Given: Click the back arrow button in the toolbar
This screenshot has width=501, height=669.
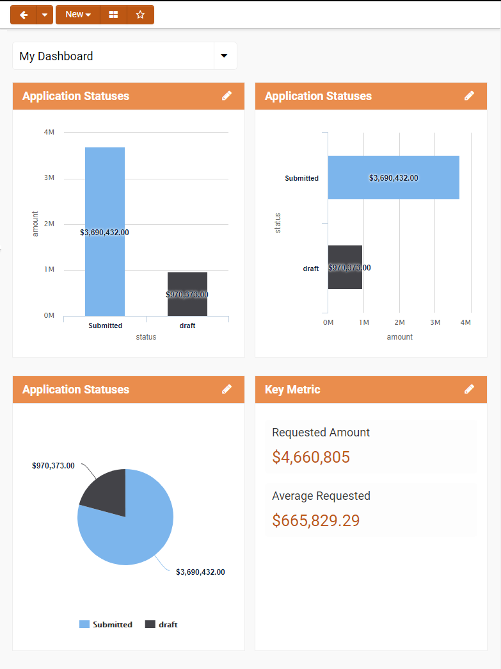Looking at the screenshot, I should coord(24,15).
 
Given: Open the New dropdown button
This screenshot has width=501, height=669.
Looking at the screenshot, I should coord(78,15).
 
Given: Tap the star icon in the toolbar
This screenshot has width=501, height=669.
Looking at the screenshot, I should coord(141,15).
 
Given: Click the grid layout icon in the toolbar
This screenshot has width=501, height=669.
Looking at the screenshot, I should coord(113,15).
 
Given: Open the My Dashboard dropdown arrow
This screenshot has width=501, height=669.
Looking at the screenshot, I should coord(224,56).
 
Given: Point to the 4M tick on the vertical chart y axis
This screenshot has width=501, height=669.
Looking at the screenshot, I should coord(49,132).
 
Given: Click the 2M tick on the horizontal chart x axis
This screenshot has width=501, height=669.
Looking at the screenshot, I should coord(399,322).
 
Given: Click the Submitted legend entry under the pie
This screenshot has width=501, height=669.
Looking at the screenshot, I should coord(106,624).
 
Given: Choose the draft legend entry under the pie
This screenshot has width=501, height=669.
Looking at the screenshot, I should coord(161,624).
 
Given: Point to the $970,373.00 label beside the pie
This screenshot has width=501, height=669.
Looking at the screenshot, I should coord(53,466).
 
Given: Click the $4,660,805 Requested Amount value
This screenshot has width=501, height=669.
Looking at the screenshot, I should coord(311,457).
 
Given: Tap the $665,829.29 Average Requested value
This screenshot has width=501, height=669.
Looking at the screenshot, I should coord(316,520).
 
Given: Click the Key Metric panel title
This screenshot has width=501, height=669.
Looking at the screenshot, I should coord(292,390).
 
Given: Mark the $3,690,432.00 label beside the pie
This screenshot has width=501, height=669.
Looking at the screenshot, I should coord(200,572).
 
